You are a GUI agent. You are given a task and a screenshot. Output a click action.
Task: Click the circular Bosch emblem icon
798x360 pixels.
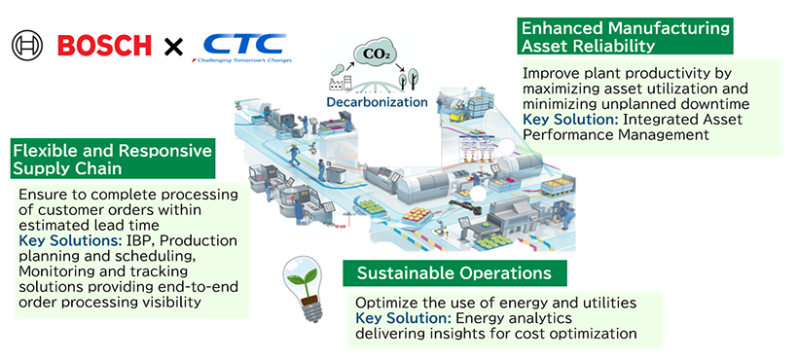pos(28,45)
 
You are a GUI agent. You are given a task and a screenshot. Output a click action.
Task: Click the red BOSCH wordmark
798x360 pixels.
pos(104,45)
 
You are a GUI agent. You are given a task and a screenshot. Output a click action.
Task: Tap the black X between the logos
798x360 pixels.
pos(172,45)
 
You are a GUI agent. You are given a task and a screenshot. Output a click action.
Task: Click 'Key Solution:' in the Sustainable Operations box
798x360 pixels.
pos(403,318)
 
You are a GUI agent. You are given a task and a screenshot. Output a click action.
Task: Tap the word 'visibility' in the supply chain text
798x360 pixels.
pos(176,302)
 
